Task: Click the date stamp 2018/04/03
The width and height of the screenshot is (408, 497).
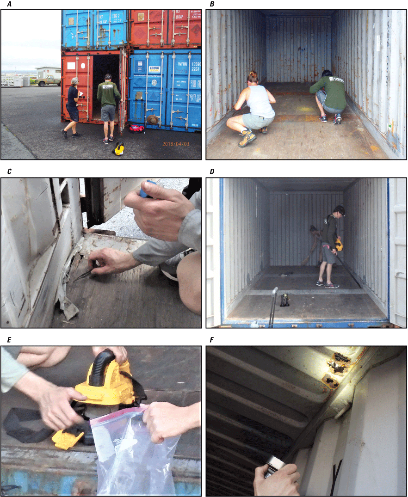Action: (176, 144)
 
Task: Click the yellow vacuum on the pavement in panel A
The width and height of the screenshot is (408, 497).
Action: (119, 148)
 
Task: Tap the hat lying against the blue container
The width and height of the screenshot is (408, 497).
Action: (152, 119)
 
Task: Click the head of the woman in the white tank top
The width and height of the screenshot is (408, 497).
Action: (253, 77)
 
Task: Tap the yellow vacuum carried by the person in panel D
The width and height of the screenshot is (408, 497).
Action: (339, 244)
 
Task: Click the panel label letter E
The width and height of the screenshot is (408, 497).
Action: (9, 340)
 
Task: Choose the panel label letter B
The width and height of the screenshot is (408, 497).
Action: (212, 4)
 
